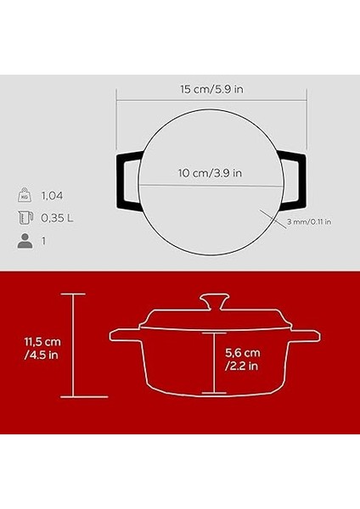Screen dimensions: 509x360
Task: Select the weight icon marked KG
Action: (25, 195)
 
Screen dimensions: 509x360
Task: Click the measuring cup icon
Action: (25, 219)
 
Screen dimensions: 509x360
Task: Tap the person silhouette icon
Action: (25, 241)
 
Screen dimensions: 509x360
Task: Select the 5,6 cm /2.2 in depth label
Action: (242, 359)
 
